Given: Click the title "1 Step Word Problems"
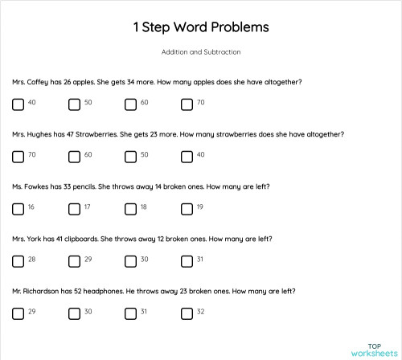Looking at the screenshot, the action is click(x=201, y=27).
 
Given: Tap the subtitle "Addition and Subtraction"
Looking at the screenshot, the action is click(x=201, y=52).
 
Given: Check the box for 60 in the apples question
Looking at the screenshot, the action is click(x=130, y=104).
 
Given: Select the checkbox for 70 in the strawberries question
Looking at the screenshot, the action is click(x=18, y=157).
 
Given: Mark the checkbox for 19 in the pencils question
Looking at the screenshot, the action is click(x=187, y=209).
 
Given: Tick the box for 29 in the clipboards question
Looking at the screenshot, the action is click(x=74, y=261).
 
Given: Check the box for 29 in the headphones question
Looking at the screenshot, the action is click(x=18, y=313).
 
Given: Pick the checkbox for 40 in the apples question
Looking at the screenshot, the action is click(x=18, y=104).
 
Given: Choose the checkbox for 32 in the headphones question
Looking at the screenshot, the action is click(x=187, y=313).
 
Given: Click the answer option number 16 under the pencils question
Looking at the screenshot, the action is click(x=31, y=207).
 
